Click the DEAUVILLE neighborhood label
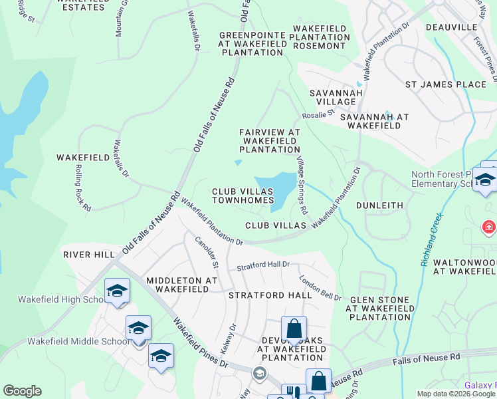click(451, 27)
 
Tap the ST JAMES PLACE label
click(446, 84)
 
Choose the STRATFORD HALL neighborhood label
click(270, 295)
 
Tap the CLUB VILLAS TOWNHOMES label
click(243, 196)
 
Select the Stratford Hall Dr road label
click(264, 266)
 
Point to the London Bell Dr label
click(320, 289)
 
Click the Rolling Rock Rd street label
click(82, 188)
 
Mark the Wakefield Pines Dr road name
click(200, 342)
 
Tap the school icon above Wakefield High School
click(117, 291)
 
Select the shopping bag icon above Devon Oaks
click(293, 328)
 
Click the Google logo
click(22, 391)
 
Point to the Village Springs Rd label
click(302, 186)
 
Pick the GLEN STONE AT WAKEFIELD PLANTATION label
click(379, 309)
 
